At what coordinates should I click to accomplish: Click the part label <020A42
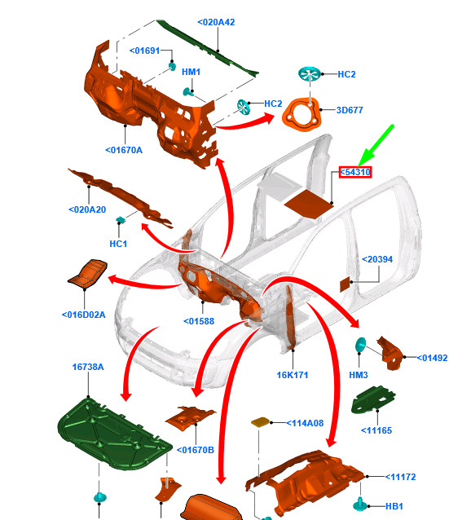(x=216, y=22)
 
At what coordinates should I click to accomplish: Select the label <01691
(x=144, y=51)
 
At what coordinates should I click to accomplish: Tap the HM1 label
(x=191, y=72)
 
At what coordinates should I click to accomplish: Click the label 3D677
(x=350, y=110)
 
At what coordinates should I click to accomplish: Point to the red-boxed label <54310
(x=354, y=172)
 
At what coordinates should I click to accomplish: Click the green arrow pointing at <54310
(x=376, y=145)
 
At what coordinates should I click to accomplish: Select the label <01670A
(x=124, y=150)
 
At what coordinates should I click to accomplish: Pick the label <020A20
(x=87, y=209)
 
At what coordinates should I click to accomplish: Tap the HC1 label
(x=118, y=244)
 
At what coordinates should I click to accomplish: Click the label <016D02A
(x=84, y=315)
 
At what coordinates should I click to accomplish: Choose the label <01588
(x=199, y=321)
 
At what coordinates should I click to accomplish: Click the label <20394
(x=377, y=259)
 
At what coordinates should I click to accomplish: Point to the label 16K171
(x=293, y=375)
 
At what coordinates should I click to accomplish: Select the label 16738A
(x=88, y=367)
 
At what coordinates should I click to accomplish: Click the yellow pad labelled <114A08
(x=261, y=422)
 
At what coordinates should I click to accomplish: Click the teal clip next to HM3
(x=360, y=345)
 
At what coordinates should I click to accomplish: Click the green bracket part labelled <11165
(x=373, y=399)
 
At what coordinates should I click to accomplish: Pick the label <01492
(x=432, y=358)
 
